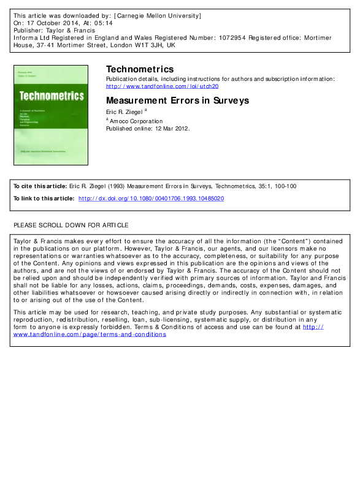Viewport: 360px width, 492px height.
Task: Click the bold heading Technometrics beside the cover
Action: (x=140, y=69)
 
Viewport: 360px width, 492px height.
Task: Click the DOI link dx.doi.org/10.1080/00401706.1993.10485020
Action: (x=151, y=199)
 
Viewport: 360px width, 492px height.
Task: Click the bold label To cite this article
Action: (x=40, y=186)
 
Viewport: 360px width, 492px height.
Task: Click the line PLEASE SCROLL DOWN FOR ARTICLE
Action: (x=71, y=225)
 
